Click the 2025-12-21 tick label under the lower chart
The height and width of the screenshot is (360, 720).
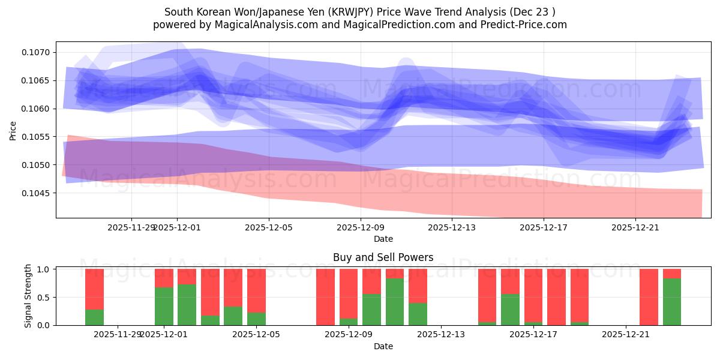coord(626,334)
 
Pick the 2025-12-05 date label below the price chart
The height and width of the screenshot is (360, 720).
coord(269,227)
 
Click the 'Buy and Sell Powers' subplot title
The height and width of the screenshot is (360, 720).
coord(383,257)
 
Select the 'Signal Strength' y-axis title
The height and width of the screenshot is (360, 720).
coord(28,296)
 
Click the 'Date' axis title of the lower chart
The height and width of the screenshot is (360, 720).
coord(383,346)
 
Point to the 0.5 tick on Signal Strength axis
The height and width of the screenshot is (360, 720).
coord(44,298)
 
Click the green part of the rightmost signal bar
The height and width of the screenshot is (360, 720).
coord(672,302)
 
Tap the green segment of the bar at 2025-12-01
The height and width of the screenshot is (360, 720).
coord(164,306)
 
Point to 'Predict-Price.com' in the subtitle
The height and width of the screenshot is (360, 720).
coord(526,25)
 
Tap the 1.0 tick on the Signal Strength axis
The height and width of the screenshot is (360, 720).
coord(44,269)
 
